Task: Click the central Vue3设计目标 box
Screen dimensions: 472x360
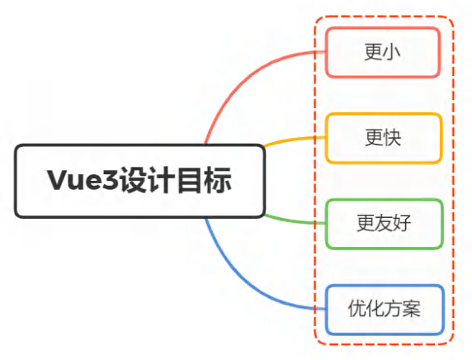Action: pos(140,181)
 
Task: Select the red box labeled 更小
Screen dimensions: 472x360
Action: pos(383,52)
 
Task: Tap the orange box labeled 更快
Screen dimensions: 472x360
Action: pos(384,138)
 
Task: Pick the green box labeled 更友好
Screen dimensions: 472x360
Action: pos(385,224)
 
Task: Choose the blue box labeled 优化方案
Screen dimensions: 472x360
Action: pos(385,310)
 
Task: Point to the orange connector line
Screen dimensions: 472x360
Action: pos(294,140)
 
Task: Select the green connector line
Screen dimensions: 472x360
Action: pos(294,220)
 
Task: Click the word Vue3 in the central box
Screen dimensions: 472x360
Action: pos(83,180)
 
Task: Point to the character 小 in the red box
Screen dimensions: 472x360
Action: pos(391,52)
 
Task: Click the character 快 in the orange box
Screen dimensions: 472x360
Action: pos(393,138)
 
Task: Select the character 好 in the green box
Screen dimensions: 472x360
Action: pos(402,223)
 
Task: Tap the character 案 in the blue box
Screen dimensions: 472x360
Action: pos(412,309)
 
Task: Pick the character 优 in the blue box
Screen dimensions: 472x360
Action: pos(357,309)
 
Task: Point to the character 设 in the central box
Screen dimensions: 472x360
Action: pos(134,180)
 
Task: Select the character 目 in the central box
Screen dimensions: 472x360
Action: pos(190,180)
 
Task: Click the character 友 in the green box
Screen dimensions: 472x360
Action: pos(384,223)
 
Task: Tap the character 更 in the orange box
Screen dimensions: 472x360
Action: pos(375,138)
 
